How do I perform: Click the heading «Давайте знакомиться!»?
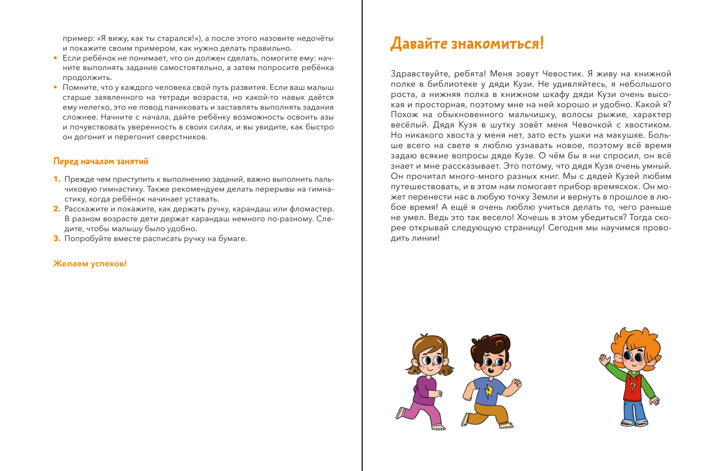pyautogui.click(x=467, y=44)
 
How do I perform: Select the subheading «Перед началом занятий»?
pyautogui.click(x=101, y=161)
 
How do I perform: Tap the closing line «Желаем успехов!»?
pyautogui.click(x=90, y=264)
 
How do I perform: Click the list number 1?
pyautogui.click(x=57, y=179)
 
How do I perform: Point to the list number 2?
pyautogui.click(x=57, y=209)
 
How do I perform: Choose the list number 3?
pyautogui.click(x=57, y=239)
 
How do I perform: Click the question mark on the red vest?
pyautogui.click(x=633, y=387)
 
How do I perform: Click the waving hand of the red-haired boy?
pyautogui.click(x=605, y=361)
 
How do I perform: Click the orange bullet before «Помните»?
pyautogui.click(x=55, y=87)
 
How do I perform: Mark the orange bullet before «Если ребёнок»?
pyautogui.click(x=55, y=58)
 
